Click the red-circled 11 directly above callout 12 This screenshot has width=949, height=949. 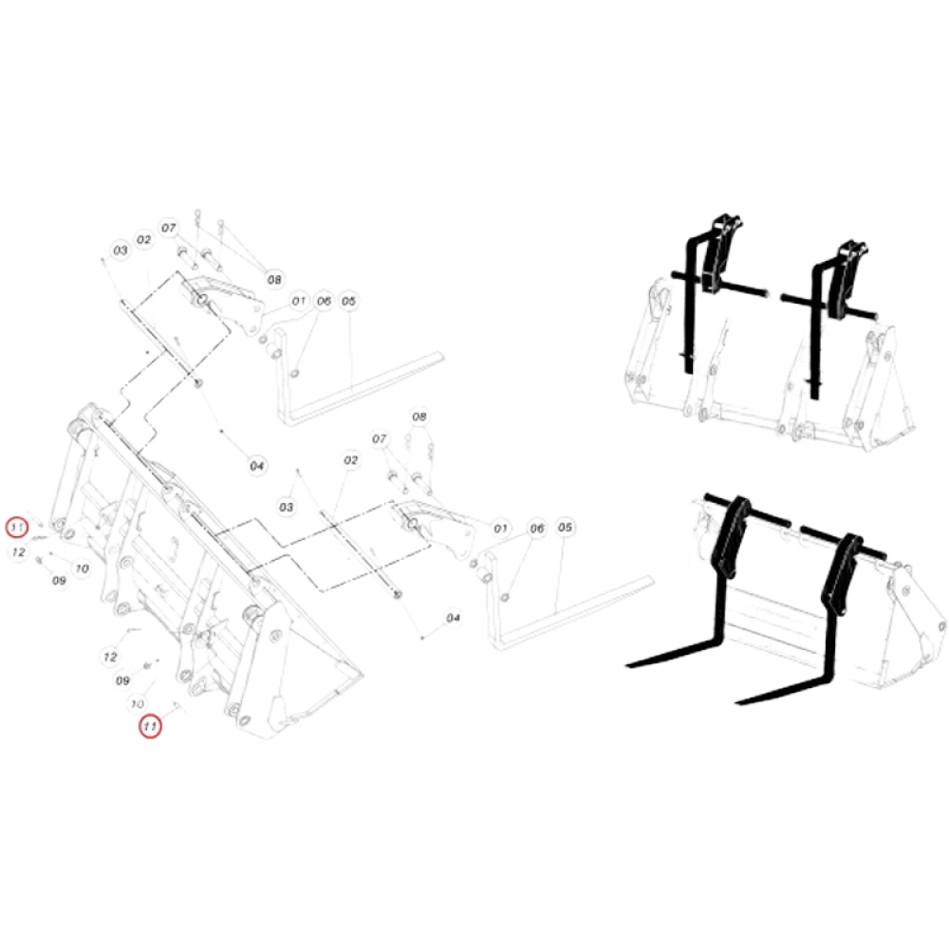17,527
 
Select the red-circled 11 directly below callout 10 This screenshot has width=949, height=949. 150,726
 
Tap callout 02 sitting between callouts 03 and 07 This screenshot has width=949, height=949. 143,240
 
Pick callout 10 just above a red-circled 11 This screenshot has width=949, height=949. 138,704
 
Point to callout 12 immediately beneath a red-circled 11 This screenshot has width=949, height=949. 18,552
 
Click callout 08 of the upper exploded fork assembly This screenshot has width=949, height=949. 274,280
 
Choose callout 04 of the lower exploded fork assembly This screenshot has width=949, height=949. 453,618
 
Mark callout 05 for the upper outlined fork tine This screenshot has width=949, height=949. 348,301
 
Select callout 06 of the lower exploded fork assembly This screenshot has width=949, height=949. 537,529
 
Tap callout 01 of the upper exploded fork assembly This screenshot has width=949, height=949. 298,301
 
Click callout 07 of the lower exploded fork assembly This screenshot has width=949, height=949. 379,438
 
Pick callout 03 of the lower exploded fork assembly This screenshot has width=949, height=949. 287,507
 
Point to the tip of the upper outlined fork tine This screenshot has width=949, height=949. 442,356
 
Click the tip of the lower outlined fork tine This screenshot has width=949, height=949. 651,580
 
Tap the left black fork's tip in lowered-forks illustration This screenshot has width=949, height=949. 627,666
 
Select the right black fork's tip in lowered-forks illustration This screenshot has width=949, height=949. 737,702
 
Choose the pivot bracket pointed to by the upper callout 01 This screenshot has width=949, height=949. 224,306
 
